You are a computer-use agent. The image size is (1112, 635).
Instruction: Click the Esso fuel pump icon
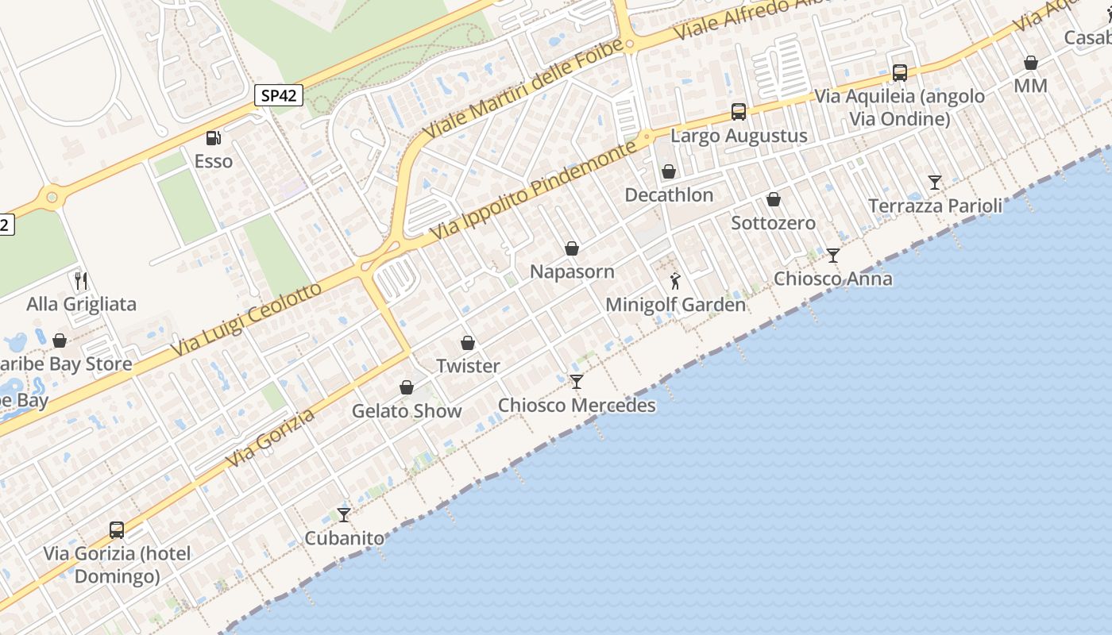pos(213,138)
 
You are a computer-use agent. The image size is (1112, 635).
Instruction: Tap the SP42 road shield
pos(280,96)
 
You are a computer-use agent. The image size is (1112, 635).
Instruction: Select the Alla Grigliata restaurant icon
pos(80,280)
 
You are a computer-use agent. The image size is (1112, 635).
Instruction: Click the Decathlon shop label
pos(669,195)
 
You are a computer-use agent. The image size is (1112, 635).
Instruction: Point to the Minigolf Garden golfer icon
pos(675,281)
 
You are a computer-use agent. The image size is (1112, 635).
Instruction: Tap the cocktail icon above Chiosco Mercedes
pos(577,382)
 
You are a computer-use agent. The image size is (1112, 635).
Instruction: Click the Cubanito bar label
pos(344,538)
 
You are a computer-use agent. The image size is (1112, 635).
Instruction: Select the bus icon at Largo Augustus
pos(739,112)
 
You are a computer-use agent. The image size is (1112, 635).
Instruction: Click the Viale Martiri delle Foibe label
pos(523,87)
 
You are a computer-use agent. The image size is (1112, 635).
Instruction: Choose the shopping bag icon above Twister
pos(468,343)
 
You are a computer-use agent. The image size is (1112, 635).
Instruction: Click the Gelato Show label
pos(407,411)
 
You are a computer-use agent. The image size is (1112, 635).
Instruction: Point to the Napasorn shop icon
pos(572,248)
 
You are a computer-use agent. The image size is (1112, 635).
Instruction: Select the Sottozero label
pos(773,223)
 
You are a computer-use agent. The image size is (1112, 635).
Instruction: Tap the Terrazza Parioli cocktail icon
pos(935,183)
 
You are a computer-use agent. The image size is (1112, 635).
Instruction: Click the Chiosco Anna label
pos(832,279)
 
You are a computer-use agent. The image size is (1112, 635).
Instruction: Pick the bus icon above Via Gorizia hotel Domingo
pos(117,529)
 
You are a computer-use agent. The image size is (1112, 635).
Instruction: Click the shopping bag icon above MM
pos(1031,62)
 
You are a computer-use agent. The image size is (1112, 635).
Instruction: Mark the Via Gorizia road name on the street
pos(270,437)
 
